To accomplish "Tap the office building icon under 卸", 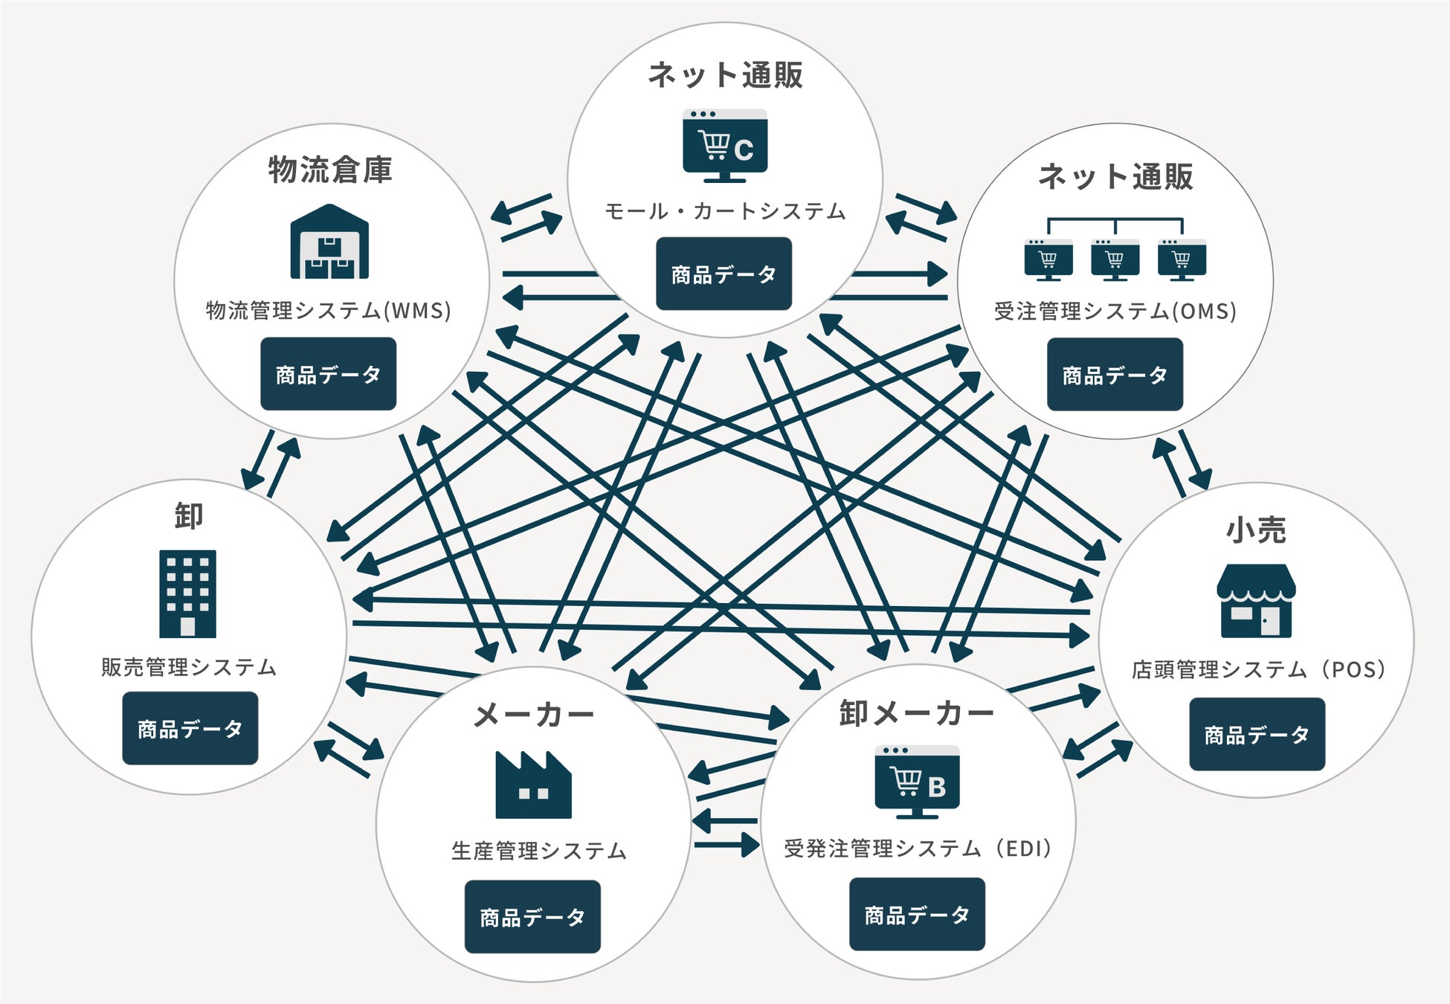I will click(x=187, y=593).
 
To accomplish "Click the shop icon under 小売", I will click(x=1256, y=601).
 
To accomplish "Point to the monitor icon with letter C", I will click(x=725, y=146).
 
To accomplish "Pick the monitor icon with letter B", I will click(x=917, y=782).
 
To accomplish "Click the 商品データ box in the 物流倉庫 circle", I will click(x=328, y=374).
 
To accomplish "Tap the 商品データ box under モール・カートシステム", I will click(x=724, y=274).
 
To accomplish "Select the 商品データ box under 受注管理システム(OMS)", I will click(x=1115, y=375).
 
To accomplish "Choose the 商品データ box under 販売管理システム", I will click(x=190, y=728).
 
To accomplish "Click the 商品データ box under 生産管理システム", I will click(x=532, y=917).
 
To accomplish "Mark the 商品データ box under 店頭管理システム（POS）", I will click(x=1257, y=734).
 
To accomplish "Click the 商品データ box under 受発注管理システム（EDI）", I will click(x=917, y=914).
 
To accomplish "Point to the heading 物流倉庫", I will click(x=330, y=170).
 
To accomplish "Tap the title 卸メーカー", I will click(x=916, y=713).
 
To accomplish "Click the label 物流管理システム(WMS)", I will click(x=329, y=310).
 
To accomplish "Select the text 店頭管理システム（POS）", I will click(x=1258, y=669).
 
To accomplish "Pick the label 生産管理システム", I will click(x=539, y=850).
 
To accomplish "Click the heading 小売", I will click(x=1256, y=530).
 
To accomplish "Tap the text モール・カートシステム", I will click(x=725, y=211).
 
